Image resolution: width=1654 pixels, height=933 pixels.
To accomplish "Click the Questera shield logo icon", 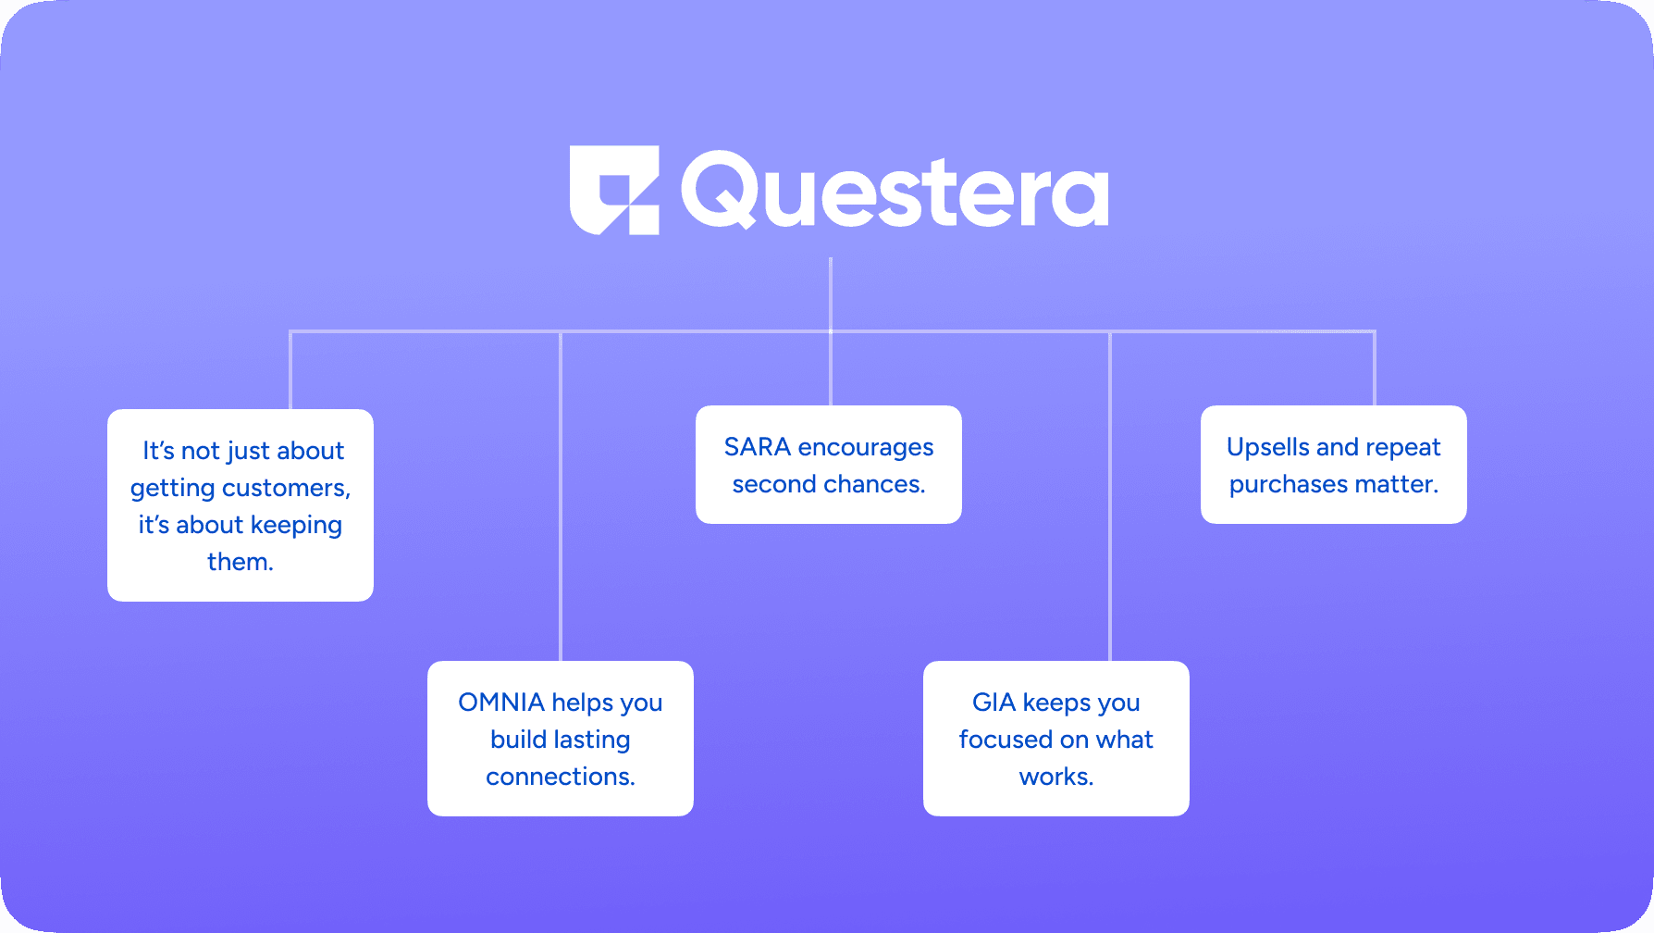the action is click(614, 190).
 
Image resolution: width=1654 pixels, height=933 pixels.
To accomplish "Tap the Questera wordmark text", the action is click(895, 191).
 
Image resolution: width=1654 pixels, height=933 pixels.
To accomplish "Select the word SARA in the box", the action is click(758, 447).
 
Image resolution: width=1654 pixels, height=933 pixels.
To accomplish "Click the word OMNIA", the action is click(501, 703).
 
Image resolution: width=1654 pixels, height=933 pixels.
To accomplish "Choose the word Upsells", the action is click(1268, 447).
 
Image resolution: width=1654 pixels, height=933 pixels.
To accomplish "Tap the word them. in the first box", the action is click(241, 562).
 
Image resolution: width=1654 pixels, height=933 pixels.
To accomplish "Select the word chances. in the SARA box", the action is click(874, 484).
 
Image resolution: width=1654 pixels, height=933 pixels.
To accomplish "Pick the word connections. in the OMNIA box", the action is click(561, 777).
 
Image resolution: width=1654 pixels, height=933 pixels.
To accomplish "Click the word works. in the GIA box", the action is click(1056, 777).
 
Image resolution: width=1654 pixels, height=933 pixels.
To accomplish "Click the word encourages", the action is click(866, 448).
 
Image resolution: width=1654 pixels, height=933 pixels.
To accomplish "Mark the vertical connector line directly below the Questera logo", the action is click(831, 293).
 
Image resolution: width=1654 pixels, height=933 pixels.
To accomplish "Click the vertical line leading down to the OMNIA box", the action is click(561, 496).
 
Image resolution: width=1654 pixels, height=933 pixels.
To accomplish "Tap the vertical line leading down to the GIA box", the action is click(1110, 496).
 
